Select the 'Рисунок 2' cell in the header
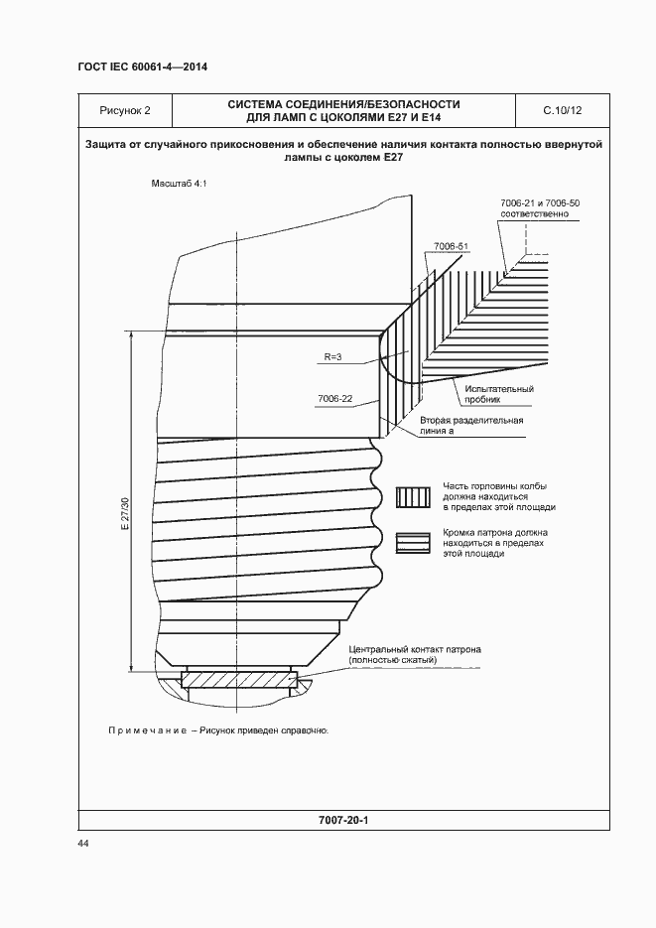125,110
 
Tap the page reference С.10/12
562,110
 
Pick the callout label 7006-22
335,398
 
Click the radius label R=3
333,356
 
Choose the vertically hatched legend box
412,497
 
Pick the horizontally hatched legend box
412,542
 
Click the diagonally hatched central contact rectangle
240,681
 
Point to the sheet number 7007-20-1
342,822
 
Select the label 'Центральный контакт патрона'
415,649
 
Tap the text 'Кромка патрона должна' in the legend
494,533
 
